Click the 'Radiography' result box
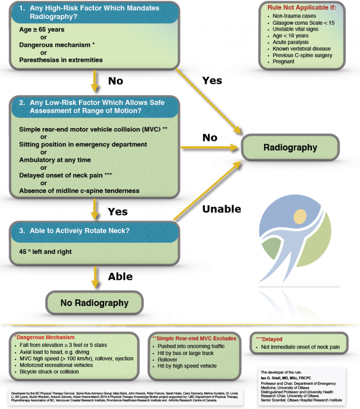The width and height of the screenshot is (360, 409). (x=290, y=147)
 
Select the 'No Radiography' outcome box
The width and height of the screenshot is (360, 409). (x=94, y=303)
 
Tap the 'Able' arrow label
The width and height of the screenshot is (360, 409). (x=120, y=276)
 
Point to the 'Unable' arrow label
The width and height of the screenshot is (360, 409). (x=222, y=209)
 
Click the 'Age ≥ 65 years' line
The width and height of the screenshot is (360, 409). (x=42, y=30)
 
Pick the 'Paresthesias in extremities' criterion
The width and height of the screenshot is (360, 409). (x=61, y=60)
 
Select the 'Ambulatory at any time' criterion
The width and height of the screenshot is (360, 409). (x=55, y=160)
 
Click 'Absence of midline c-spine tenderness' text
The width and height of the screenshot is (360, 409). (x=79, y=190)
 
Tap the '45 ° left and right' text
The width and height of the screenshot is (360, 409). (x=45, y=251)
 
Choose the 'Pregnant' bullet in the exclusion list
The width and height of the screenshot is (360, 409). (x=283, y=62)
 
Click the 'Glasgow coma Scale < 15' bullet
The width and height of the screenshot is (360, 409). (x=303, y=23)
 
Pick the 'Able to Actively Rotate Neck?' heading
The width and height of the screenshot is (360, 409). (x=74, y=230)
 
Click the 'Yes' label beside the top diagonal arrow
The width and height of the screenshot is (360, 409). (x=212, y=80)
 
